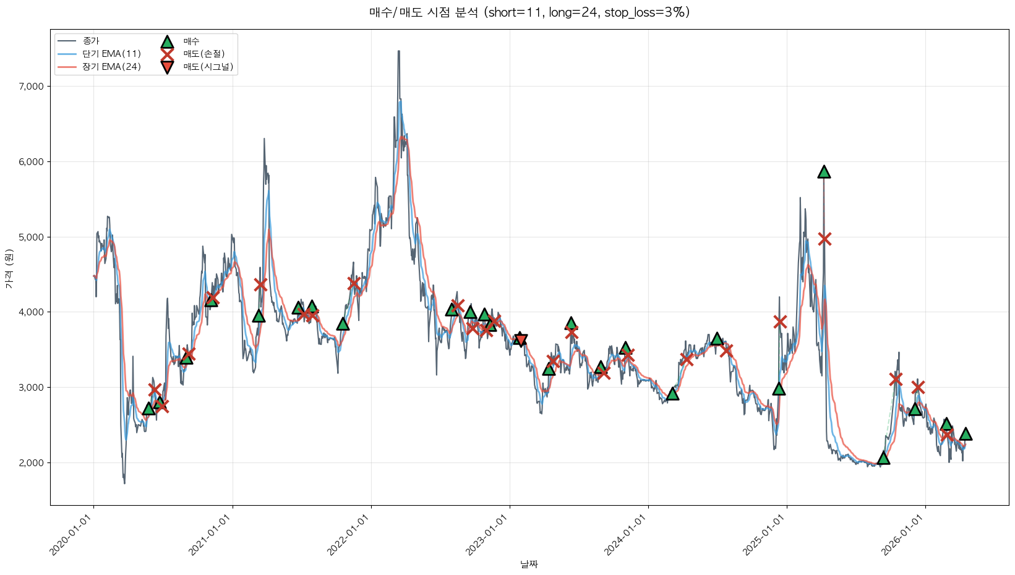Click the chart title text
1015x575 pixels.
(x=529, y=12)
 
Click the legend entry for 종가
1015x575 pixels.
(x=91, y=41)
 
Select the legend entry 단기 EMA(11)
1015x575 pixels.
(x=111, y=54)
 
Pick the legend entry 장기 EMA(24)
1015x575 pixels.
(x=111, y=67)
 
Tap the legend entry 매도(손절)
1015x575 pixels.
(x=203, y=54)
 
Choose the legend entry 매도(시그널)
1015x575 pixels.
(x=208, y=67)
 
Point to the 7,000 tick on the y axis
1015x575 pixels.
(x=32, y=87)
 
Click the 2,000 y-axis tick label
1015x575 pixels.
(x=32, y=463)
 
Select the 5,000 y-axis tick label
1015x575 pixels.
(x=32, y=237)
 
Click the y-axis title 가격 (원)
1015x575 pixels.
(x=9, y=268)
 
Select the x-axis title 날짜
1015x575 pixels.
(x=529, y=564)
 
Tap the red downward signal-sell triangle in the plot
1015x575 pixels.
(x=520, y=339)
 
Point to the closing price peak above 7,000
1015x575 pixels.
(x=399, y=52)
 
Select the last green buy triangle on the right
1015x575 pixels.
(x=966, y=434)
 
